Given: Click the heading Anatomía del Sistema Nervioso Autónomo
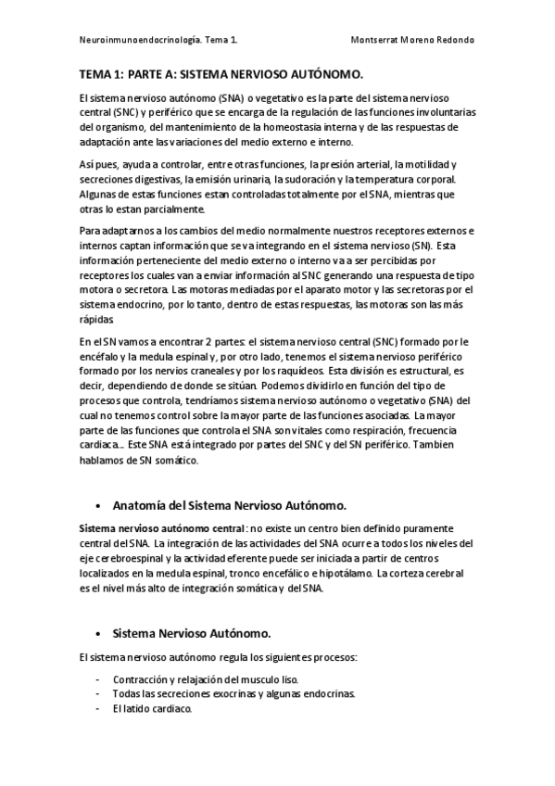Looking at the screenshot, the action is tap(229, 505).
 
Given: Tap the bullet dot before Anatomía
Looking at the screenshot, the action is tap(98, 506).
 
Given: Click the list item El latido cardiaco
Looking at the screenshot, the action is tap(151, 709).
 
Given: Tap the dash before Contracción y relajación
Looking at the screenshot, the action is tap(98, 679).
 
